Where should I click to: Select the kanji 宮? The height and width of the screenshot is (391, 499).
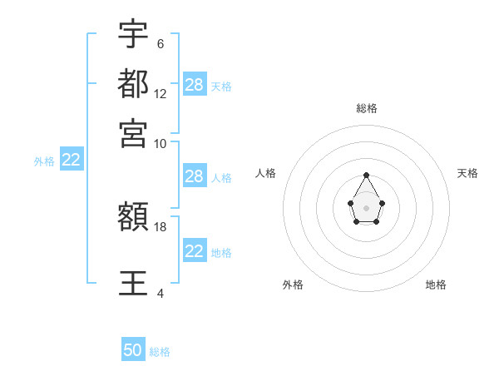click(x=133, y=132)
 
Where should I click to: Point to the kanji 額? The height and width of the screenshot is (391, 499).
click(x=133, y=218)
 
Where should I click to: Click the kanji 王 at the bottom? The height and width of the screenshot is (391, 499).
click(x=133, y=283)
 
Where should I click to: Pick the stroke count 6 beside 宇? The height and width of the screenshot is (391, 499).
click(x=161, y=43)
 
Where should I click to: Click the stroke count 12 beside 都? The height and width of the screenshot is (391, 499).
click(x=161, y=93)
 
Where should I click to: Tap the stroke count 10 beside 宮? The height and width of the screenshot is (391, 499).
click(x=161, y=143)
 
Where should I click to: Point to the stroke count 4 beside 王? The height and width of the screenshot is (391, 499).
click(x=161, y=293)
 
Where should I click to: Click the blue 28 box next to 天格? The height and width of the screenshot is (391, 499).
click(x=195, y=85)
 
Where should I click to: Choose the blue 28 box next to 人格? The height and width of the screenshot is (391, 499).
click(x=195, y=176)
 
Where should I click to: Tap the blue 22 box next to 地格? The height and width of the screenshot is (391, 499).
click(x=195, y=251)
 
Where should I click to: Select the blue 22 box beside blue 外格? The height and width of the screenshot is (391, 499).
click(x=71, y=161)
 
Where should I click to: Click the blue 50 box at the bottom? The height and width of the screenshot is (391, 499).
click(x=133, y=350)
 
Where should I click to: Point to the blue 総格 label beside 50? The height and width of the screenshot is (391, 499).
click(x=161, y=352)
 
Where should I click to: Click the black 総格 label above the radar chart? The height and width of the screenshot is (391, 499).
click(x=367, y=108)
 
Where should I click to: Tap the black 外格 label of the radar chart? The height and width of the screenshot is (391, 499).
click(x=293, y=285)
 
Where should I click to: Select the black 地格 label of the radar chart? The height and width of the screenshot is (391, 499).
click(x=436, y=285)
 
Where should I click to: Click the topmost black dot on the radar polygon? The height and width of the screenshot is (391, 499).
click(x=366, y=175)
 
